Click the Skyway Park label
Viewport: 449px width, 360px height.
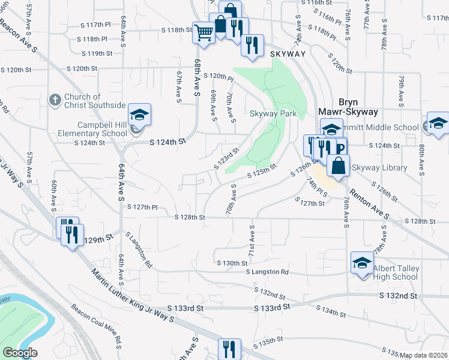(x=273, y=114)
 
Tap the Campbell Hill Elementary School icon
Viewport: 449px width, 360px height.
(x=139, y=115)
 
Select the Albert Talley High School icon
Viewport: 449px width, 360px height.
(x=362, y=262)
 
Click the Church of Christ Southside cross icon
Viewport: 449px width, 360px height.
(x=54, y=101)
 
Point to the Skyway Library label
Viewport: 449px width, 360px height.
(x=379, y=168)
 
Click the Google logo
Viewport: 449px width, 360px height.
(x=20, y=353)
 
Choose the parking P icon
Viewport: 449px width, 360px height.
(x=340, y=149)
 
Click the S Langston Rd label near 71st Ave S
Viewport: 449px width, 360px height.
(x=267, y=272)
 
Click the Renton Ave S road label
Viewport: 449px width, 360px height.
(x=369, y=201)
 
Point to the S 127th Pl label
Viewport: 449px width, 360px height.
(x=142, y=207)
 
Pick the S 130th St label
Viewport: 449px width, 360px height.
(x=232, y=263)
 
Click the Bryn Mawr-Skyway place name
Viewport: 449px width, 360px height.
(x=340, y=107)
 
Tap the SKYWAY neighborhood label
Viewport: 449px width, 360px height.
(x=288, y=54)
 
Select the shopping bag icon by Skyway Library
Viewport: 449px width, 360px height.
(x=339, y=166)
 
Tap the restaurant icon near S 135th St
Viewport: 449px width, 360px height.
(x=228, y=349)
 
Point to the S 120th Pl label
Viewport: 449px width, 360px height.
(x=218, y=77)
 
